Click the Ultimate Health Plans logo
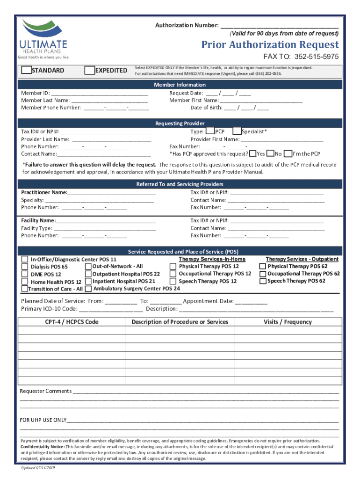pos(43,39)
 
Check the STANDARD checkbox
pos(27,70)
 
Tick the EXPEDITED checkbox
pos(89,70)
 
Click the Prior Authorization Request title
pos(270,45)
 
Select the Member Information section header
pos(180,85)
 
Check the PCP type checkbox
pos(210,131)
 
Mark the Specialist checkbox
pos(237,131)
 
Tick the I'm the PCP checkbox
pos(288,153)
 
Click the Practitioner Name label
pos(44,192)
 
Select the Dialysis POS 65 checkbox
pos(25,267)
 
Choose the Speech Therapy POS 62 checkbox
pos(263,281)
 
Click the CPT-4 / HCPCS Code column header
pos(72,322)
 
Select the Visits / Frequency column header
pos(287,322)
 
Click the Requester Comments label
pos(45,391)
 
